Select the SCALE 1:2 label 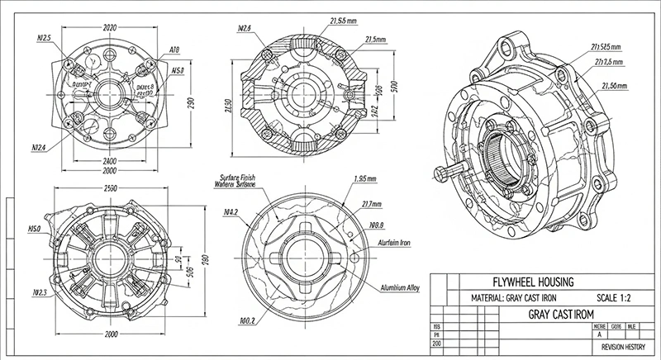coord(617,297)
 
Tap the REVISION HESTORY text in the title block coord(622,348)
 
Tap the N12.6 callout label coord(244,29)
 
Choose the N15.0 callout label coord(36,229)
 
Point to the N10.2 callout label coord(246,320)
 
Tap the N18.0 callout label coord(378,224)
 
